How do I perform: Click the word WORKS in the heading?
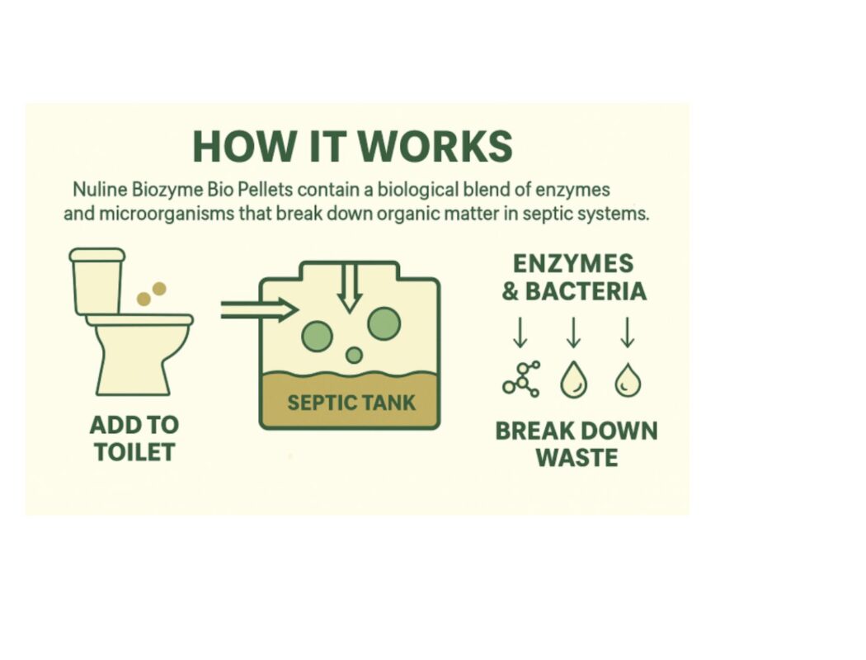[435, 146]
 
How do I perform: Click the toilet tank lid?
[97, 255]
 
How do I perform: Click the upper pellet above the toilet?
[159, 289]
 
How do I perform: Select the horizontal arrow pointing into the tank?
[259, 310]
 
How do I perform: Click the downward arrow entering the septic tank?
[350, 288]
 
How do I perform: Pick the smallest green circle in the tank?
[354, 355]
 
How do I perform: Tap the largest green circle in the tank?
[384, 323]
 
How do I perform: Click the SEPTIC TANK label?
[351, 403]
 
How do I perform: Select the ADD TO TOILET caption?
[134, 439]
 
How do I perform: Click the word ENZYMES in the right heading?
[573, 263]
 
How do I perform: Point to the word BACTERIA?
[586, 291]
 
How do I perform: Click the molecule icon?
[521, 379]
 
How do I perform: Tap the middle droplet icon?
[574, 380]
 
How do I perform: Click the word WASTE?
[577, 458]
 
